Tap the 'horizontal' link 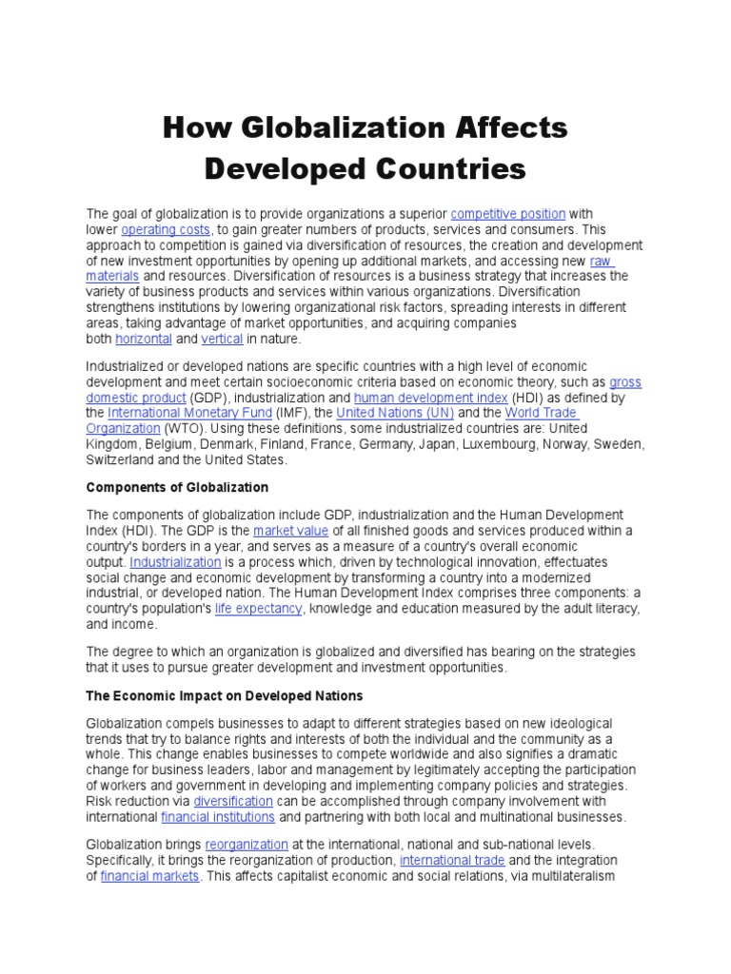[144, 339]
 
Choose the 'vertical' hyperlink [222, 339]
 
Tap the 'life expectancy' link [258, 608]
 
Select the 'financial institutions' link [218, 817]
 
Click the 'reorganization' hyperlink [246, 844]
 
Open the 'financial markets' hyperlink [149, 875]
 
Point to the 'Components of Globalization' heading [178, 487]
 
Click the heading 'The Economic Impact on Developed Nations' [225, 696]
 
